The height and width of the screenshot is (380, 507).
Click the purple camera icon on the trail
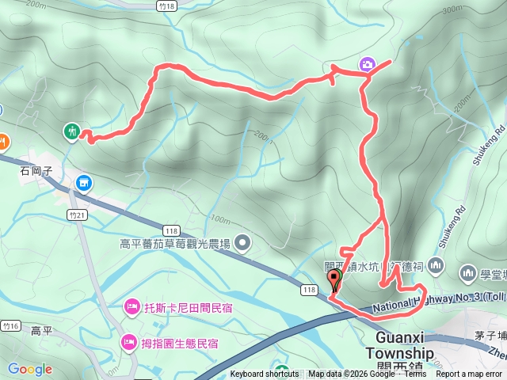pos(367,64)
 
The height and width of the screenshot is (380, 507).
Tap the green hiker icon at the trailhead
pos(72,131)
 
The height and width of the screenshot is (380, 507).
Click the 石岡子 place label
pos(36,169)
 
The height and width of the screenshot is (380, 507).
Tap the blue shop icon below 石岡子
pos(84,184)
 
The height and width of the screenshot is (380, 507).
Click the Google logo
pos(30,369)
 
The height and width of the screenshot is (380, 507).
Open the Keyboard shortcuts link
pos(265,374)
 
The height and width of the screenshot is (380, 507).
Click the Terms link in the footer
pos(415,374)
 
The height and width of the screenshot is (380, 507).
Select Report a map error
pos(469,374)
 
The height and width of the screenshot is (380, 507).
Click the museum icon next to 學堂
pos(467,272)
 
